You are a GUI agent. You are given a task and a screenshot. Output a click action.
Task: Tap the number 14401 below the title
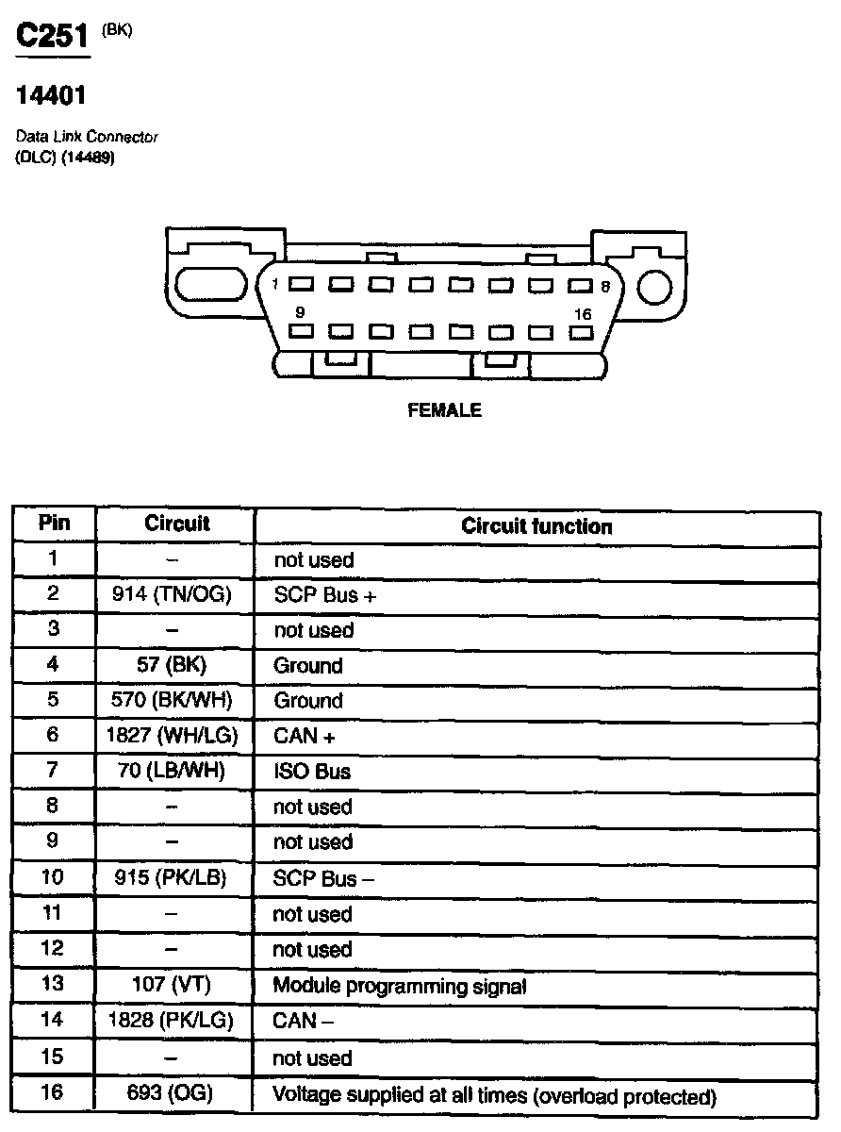pos(52,96)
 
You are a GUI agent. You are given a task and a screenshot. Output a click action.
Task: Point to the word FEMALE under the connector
pos(444,410)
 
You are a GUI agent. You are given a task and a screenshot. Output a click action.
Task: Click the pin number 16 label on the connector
pos(583,314)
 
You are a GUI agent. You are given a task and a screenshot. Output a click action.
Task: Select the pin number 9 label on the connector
pos(300,311)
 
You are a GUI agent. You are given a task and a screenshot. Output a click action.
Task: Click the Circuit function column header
pos(536,526)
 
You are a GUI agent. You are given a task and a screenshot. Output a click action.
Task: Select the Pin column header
pos(54,524)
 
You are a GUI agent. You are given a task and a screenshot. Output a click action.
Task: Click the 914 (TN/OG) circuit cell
pos(175,595)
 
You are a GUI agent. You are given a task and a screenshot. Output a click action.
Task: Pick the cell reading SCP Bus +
pos(325,596)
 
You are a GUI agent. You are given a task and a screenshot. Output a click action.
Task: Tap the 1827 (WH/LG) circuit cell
pos(175,736)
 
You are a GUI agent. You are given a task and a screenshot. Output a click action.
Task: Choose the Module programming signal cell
pos(399,987)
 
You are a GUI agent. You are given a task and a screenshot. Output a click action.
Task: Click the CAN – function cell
pos(303,1022)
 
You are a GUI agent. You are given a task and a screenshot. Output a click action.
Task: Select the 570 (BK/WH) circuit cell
pos(175,701)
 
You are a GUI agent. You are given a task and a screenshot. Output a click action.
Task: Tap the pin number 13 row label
pos(53,985)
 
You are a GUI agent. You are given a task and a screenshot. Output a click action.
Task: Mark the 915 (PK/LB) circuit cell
pos(175,878)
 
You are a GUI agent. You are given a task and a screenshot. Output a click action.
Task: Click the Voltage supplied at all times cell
pos(494,1096)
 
